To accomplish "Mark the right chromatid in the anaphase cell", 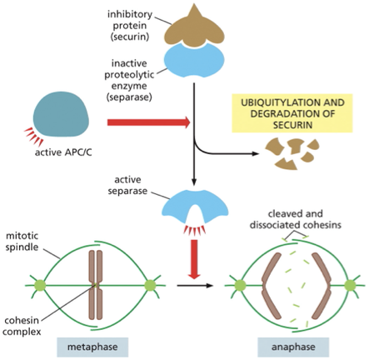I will coord(319,286).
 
